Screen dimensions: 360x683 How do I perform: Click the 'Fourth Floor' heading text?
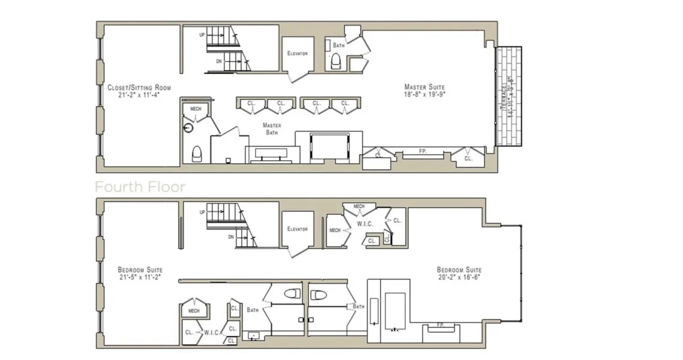click(140, 187)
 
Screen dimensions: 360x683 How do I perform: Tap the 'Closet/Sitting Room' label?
click(139, 88)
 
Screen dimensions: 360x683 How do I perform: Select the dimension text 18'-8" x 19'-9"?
click(425, 94)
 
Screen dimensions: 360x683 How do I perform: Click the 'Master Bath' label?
click(272, 128)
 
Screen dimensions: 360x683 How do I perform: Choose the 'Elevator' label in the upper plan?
click(297, 53)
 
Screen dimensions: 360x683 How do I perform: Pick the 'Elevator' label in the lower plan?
click(297, 229)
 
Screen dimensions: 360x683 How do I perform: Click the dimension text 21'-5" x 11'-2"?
click(140, 278)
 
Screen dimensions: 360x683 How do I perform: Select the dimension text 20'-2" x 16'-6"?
click(459, 278)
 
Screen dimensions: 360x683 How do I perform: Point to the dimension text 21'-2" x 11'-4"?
click(139, 95)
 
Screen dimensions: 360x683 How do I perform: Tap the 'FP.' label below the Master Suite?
click(422, 152)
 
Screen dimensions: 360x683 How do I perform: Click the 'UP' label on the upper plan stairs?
click(203, 35)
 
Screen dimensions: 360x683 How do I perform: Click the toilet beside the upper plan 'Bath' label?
click(336, 59)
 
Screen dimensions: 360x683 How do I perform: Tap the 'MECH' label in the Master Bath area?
click(195, 109)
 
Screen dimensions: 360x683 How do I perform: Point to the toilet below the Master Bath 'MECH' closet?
click(196, 154)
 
